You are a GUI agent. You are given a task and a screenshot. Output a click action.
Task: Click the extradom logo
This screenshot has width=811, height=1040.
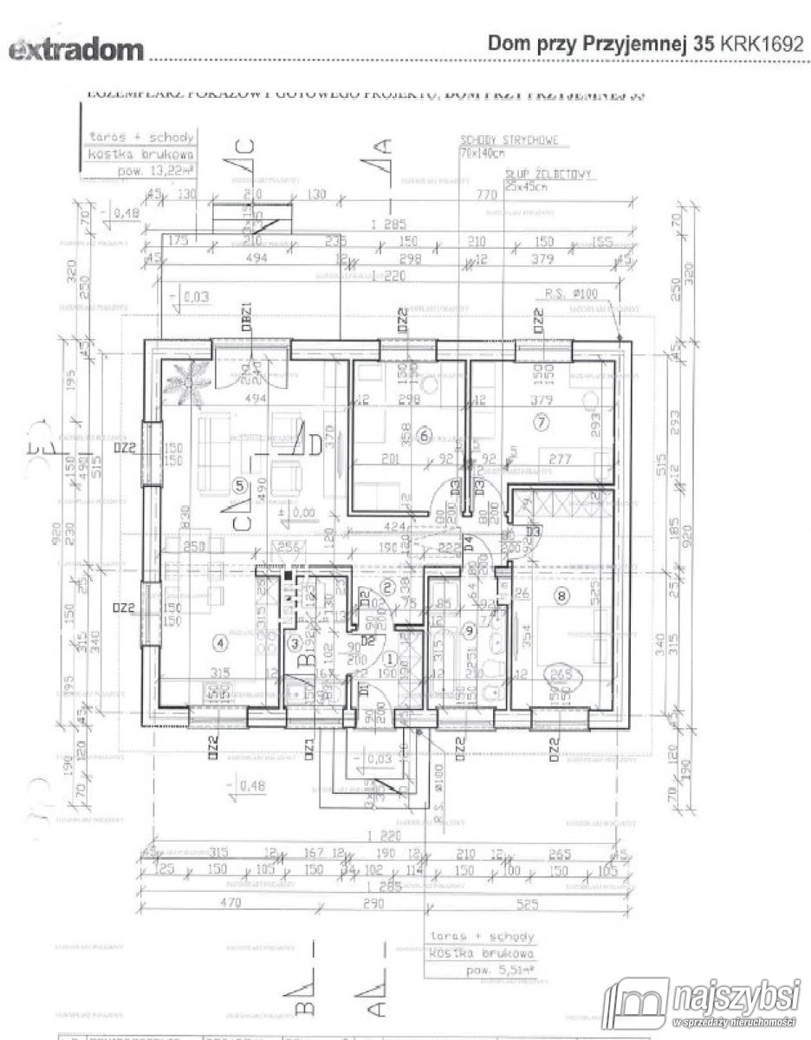[75, 50]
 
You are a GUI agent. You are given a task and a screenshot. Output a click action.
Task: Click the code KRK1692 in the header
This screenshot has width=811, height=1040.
[760, 45]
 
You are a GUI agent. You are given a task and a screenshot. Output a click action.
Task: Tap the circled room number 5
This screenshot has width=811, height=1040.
[241, 485]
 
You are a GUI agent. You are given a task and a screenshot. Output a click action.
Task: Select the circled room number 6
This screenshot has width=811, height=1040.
[423, 435]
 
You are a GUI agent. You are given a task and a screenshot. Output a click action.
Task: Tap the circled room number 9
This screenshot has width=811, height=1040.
[469, 630]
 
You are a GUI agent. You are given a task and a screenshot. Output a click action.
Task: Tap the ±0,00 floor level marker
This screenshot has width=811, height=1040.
[300, 513]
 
